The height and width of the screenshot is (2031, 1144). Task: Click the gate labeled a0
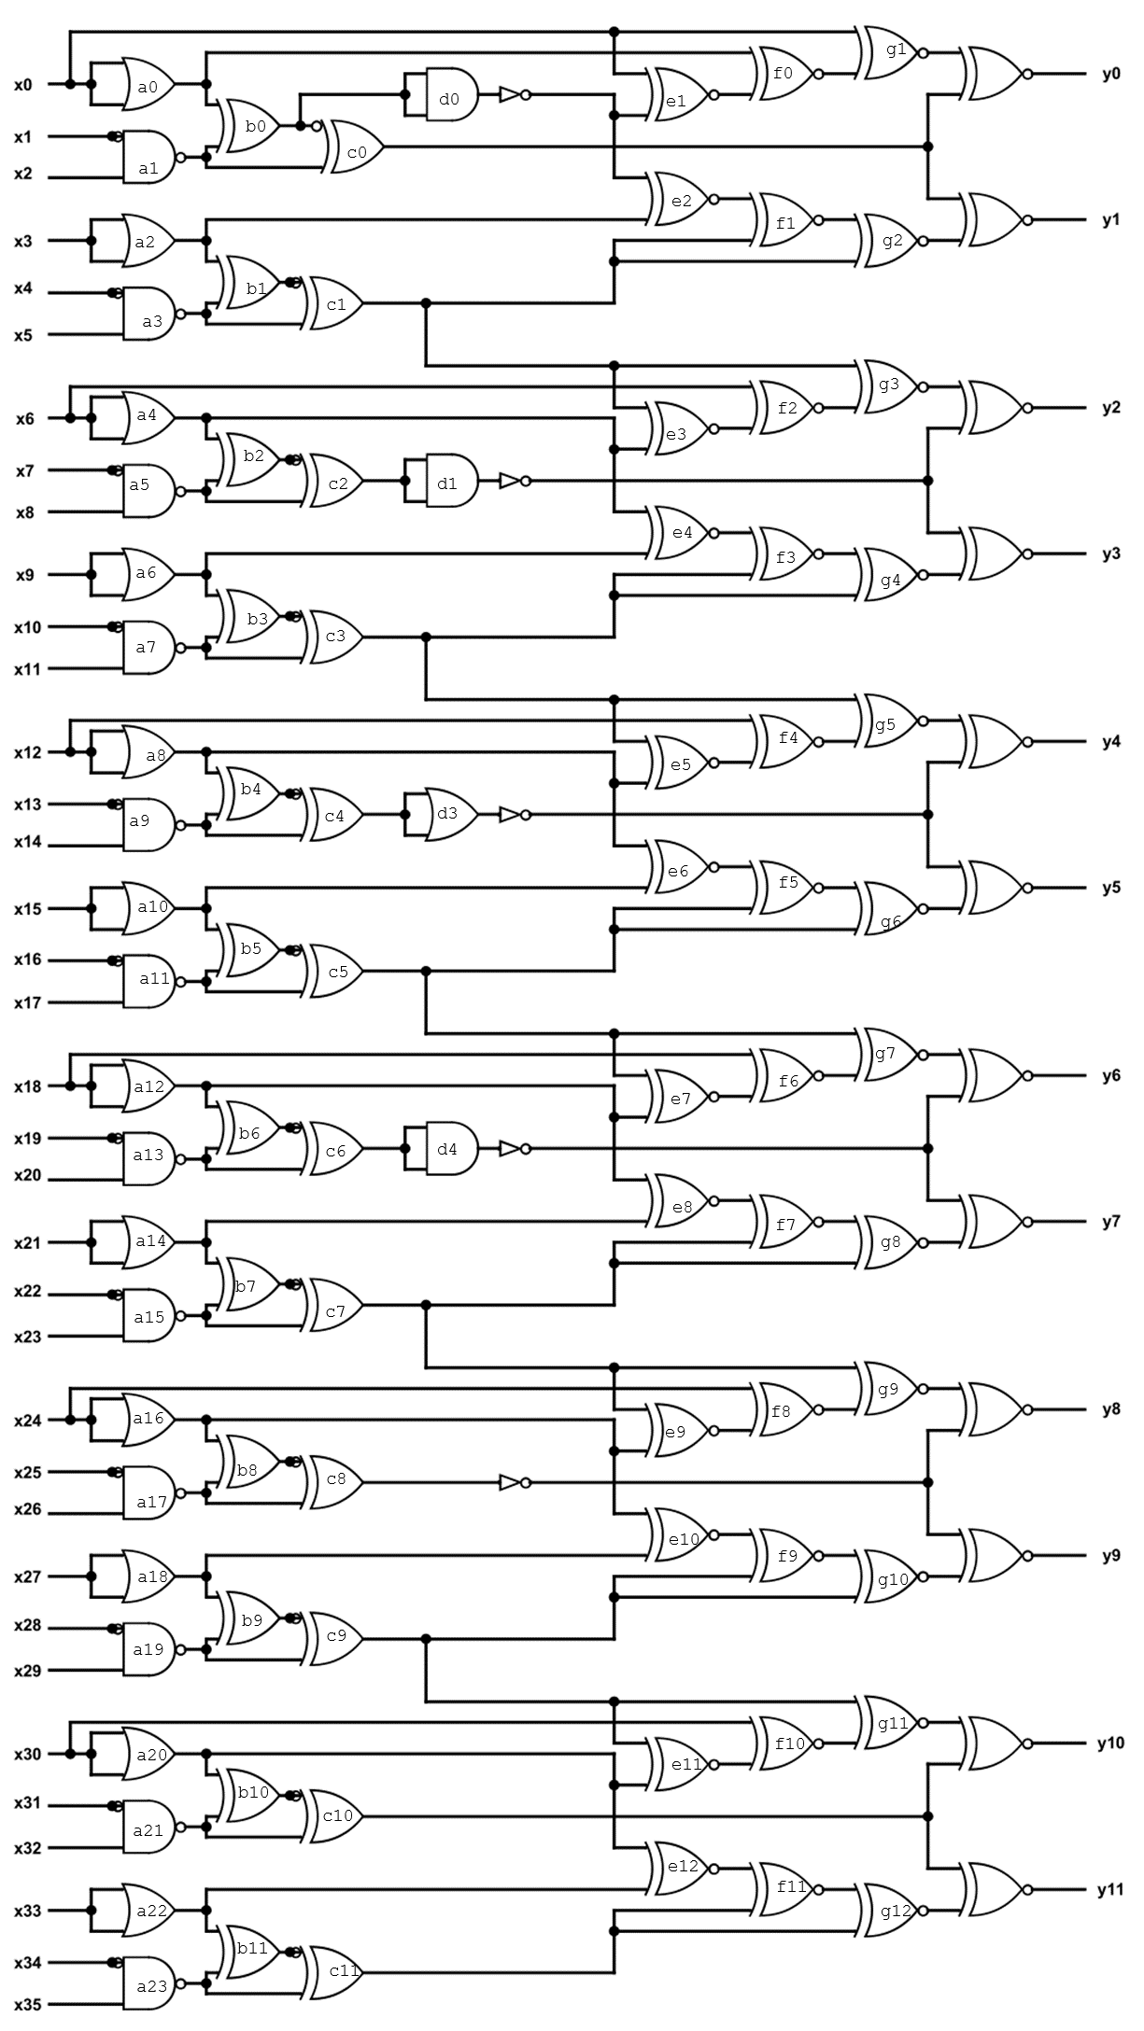click(x=148, y=84)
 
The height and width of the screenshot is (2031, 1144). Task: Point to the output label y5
click(x=1110, y=888)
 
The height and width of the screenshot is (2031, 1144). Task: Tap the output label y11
click(x=1110, y=1890)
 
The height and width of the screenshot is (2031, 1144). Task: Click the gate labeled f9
click(x=786, y=1556)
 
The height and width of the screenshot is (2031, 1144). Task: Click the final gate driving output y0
click(x=996, y=74)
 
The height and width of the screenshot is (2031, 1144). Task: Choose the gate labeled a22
click(x=149, y=1911)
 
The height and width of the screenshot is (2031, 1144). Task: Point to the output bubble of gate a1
click(x=181, y=157)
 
